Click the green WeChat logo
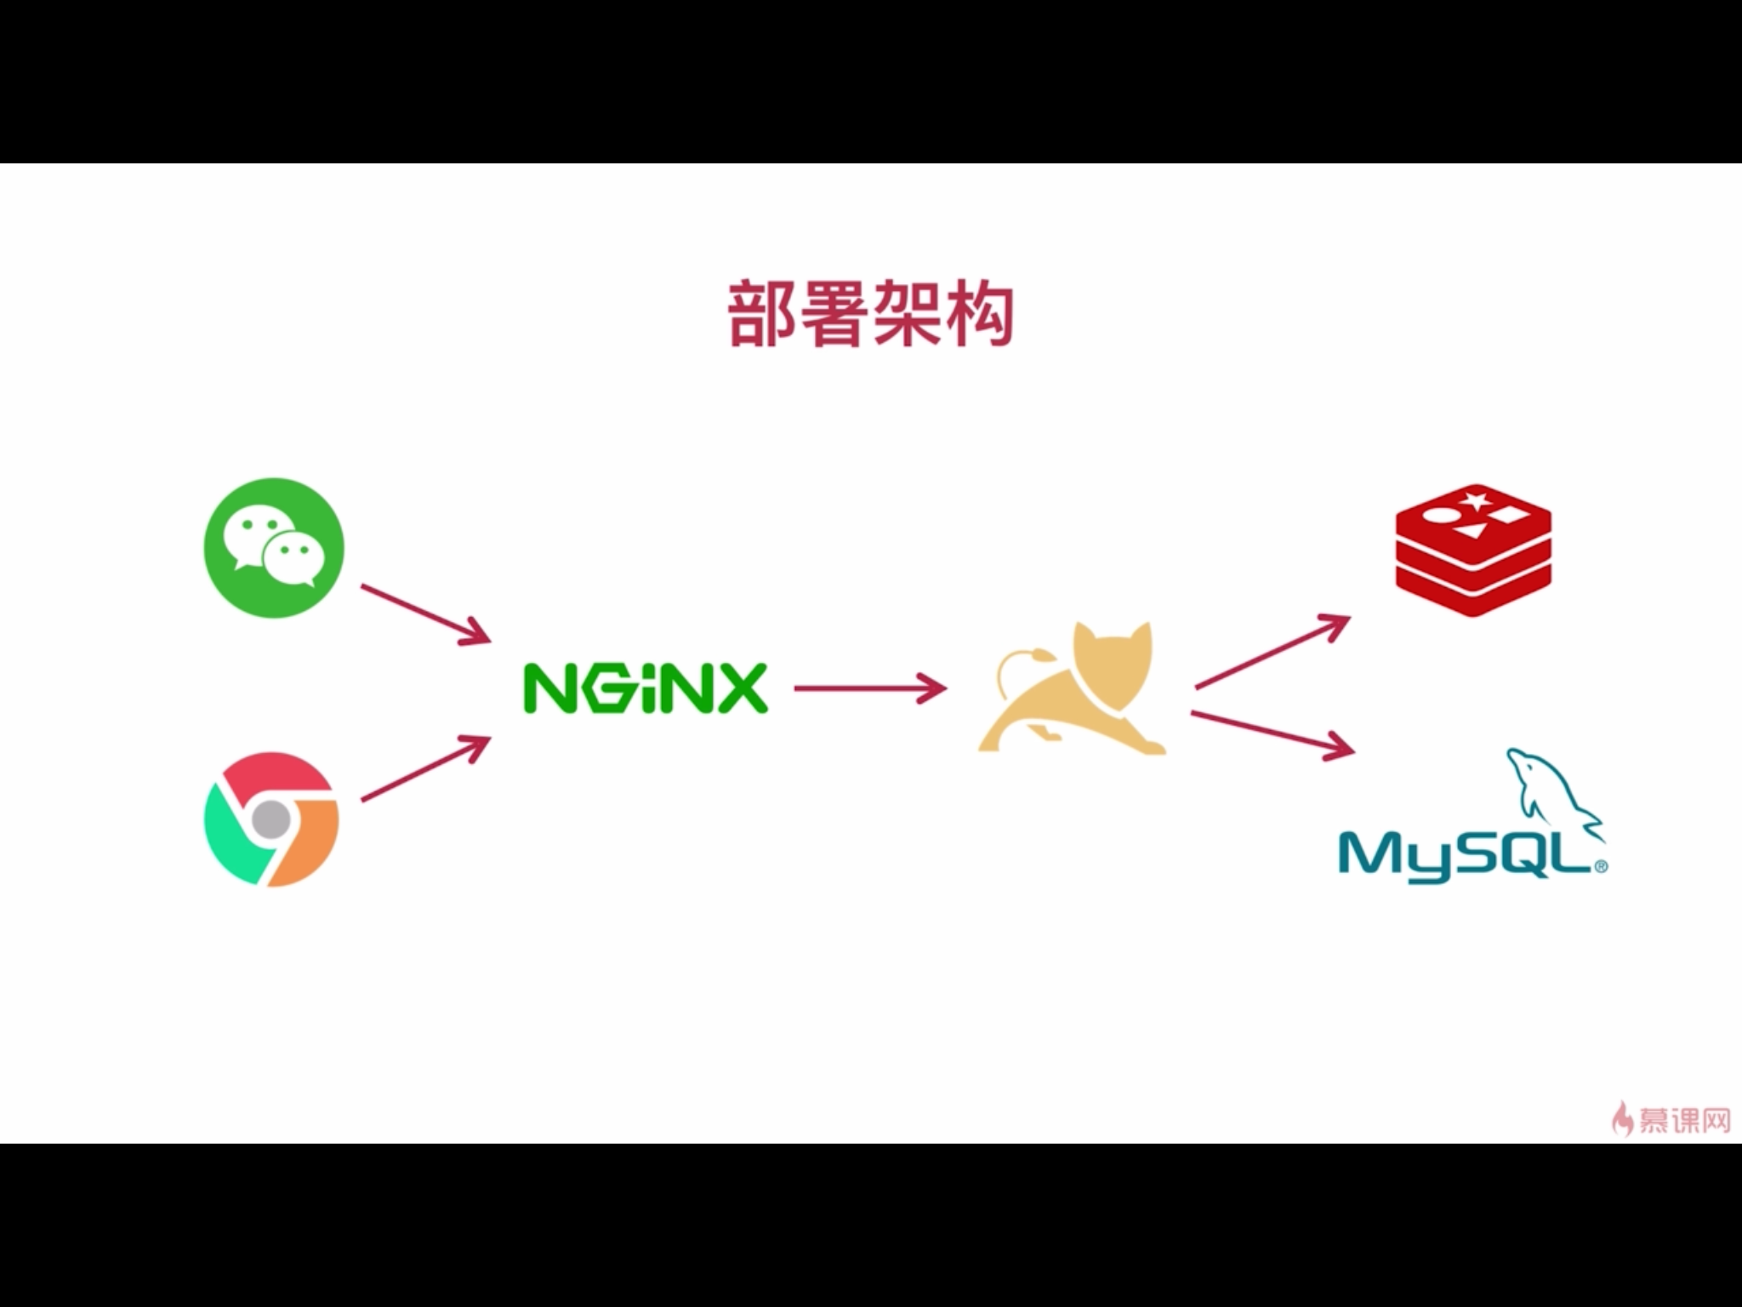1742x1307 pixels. [274, 546]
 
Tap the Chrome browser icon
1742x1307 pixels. [272, 819]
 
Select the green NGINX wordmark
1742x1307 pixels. [645, 688]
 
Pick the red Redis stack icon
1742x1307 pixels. [1473, 549]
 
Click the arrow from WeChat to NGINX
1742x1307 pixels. [425, 613]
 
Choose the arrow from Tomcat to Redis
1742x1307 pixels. [1272, 650]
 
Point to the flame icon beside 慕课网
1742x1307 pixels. [1623, 1118]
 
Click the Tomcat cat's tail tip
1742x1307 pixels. [1039, 654]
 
